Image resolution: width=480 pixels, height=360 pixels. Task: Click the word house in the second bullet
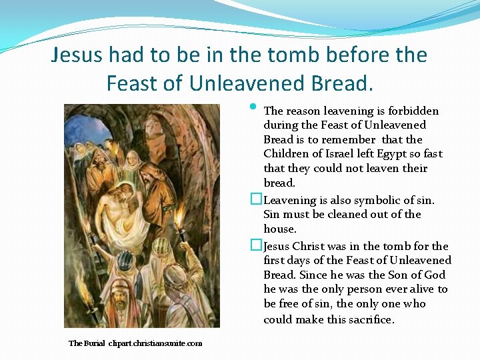tap(279, 229)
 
